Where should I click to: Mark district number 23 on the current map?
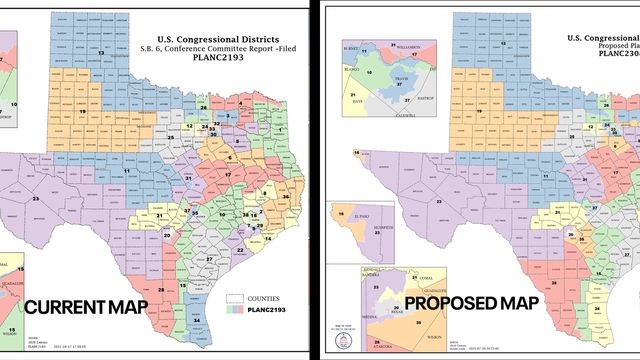(x=35, y=199)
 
